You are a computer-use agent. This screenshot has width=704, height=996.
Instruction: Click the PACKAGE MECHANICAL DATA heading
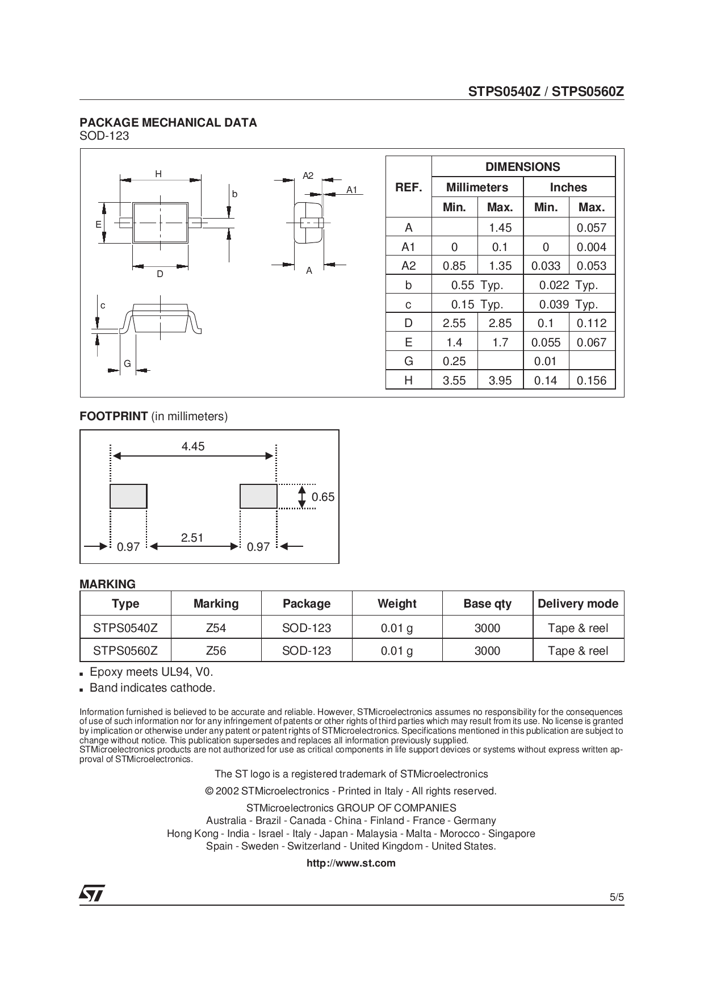168,123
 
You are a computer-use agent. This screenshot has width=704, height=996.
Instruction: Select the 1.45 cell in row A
500,228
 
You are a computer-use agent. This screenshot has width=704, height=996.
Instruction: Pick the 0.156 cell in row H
591,380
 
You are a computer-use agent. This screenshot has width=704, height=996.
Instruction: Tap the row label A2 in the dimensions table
408,266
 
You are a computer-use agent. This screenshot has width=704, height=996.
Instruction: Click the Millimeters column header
477,187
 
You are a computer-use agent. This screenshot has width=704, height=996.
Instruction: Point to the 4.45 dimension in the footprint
193,446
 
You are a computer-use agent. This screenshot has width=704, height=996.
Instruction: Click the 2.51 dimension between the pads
192,537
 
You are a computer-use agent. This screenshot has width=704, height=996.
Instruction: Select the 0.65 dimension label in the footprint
323,497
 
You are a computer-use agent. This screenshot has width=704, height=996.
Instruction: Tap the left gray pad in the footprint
128,496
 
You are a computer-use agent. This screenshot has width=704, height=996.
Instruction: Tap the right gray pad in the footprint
258,496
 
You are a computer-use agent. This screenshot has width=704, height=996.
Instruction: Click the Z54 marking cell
216,628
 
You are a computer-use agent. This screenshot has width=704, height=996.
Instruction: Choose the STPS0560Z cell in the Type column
125,651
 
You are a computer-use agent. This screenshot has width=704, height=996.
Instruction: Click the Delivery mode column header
578,604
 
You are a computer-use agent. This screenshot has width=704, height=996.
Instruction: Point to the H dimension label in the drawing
158,174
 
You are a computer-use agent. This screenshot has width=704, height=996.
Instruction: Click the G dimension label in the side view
127,363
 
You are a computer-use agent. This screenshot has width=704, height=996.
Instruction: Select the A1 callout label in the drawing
352,190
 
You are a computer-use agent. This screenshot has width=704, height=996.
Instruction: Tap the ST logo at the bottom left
91,893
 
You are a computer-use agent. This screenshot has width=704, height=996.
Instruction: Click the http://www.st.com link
351,863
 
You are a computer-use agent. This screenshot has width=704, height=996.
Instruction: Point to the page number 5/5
617,898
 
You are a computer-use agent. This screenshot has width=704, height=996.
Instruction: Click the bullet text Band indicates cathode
152,688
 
